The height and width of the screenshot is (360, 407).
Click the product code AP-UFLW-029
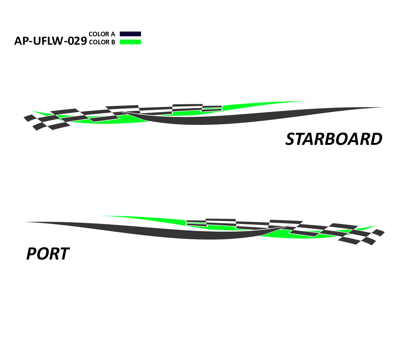tap(50, 41)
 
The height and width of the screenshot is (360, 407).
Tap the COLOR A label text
tap(102, 34)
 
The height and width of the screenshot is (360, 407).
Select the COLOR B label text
tap(102, 42)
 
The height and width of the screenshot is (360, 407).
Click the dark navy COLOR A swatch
tap(130, 34)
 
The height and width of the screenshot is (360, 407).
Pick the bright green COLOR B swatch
tap(130, 42)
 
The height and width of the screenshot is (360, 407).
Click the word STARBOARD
tap(334, 139)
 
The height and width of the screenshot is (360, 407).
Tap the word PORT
tap(48, 254)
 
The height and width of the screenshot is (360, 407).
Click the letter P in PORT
tap(32, 254)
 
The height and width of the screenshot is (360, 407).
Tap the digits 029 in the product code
tap(77, 41)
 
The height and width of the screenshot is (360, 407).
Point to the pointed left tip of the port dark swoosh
tap(25, 222)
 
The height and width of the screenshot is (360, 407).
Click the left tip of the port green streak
tap(101, 216)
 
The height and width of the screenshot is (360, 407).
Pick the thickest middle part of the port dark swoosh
tap(208, 235)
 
